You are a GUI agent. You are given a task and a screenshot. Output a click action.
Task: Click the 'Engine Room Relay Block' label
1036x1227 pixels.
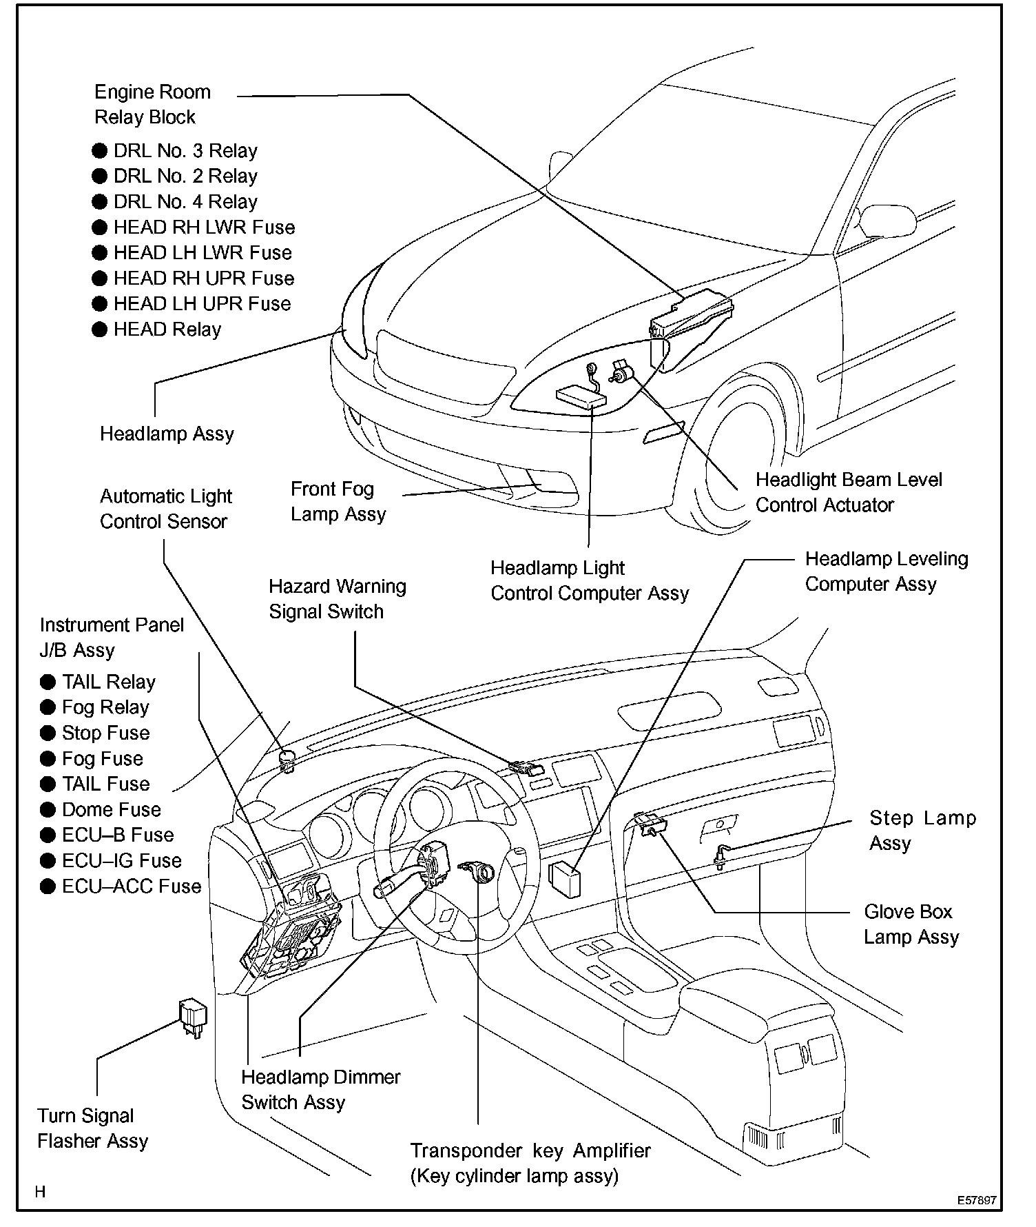152,104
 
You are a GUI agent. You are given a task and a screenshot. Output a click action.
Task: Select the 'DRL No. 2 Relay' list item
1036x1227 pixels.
185,176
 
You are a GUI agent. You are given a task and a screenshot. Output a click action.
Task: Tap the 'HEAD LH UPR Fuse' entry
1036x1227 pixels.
202,304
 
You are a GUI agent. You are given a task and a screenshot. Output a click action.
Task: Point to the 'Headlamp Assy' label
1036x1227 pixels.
167,434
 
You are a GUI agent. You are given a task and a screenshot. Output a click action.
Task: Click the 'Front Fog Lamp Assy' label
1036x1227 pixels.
338,501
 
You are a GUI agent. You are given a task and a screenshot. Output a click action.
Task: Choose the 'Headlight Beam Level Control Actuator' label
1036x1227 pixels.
848,492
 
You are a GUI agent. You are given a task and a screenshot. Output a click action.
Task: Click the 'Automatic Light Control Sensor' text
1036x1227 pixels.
165,509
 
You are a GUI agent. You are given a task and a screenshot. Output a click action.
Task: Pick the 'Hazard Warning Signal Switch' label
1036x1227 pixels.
337,598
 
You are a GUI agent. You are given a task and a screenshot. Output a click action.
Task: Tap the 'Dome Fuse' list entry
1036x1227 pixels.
111,809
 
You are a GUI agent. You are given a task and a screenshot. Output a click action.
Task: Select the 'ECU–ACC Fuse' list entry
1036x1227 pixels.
131,886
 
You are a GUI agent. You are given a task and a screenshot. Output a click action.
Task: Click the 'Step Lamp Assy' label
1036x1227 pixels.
922,830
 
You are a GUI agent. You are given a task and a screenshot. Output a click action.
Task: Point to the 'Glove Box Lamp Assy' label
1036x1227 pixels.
911,924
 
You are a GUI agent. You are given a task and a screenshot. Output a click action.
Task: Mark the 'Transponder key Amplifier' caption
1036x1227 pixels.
530,1150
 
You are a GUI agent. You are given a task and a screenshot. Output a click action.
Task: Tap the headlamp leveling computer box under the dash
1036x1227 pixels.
564,879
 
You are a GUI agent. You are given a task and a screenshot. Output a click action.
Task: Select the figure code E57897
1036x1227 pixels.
976,1200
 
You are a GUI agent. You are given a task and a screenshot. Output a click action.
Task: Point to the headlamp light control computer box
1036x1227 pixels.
581,398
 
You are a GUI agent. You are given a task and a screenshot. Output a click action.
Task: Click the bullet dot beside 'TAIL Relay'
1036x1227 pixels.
48,682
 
